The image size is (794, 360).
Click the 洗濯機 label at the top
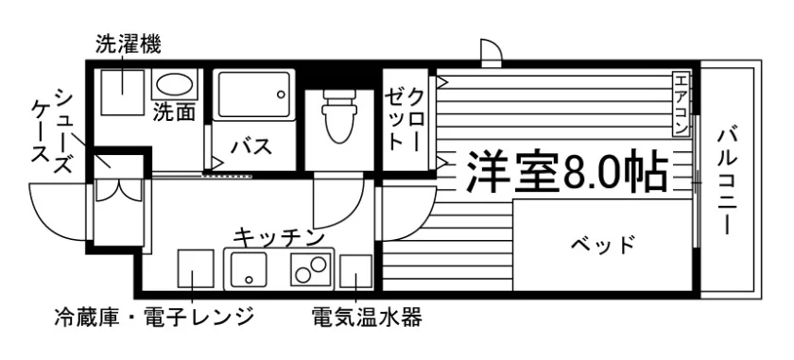tap(129, 44)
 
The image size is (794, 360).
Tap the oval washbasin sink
tap(174, 84)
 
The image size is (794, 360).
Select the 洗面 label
tap(174, 112)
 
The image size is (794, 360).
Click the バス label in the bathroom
tap(251, 146)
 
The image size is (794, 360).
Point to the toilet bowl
tap(338, 116)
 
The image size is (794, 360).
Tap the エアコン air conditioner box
tap(682, 104)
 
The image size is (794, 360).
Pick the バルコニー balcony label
tap(727, 182)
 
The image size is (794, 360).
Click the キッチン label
tap(279, 237)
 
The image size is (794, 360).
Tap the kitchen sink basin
tap(249, 269)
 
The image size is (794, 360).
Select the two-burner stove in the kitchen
tap(310, 269)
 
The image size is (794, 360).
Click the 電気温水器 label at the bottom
tap(367, 317)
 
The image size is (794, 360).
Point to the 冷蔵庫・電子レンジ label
tap(154, 317)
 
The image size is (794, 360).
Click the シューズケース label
tap(52, 131)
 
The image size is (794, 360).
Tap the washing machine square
tap(123, 93)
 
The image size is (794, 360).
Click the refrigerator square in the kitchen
tap(196, 268)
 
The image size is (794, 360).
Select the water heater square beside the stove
tap(356, 271)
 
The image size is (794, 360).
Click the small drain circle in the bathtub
tap(280, 94)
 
